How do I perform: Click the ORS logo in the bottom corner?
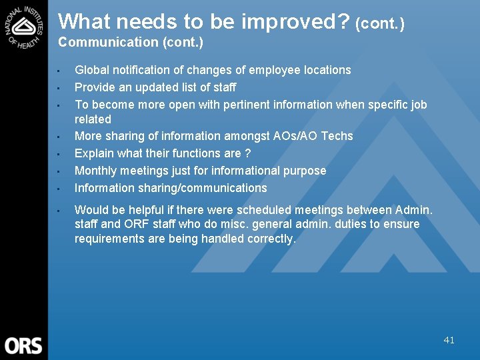tap(23, 345)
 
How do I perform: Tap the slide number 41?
tap(449, 340)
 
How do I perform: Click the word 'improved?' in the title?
tap(295, 22)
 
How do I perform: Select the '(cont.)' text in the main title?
tap(380, 24)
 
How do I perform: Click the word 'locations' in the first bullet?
tap(325, 70)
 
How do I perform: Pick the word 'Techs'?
tap(337, 136)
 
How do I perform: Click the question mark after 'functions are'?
tap(247, 153)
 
